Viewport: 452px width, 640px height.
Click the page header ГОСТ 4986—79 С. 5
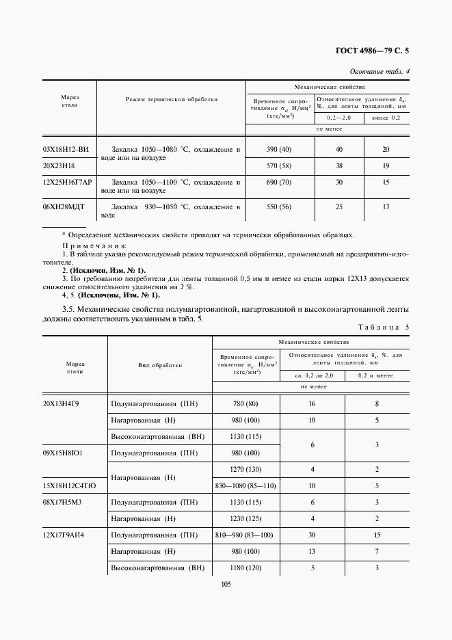tap(373, 51)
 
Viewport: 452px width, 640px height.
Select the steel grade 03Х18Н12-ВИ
tap(66, 149)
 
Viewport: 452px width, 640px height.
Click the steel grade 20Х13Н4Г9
tap(62, 404)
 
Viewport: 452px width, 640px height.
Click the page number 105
tap(226, 583)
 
